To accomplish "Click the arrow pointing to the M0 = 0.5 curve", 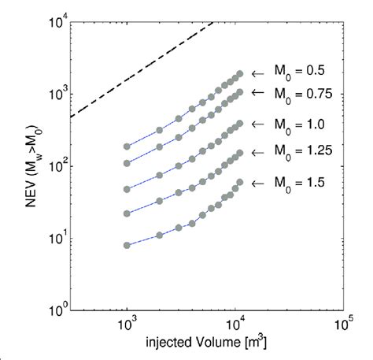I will [257, 73].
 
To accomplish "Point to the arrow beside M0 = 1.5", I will [257, 182].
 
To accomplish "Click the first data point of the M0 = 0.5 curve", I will [127, 147].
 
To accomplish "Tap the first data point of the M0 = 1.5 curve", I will [127, 245].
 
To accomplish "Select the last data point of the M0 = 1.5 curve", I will [239, 182].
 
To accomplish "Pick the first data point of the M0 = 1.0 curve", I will [127, 189].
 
